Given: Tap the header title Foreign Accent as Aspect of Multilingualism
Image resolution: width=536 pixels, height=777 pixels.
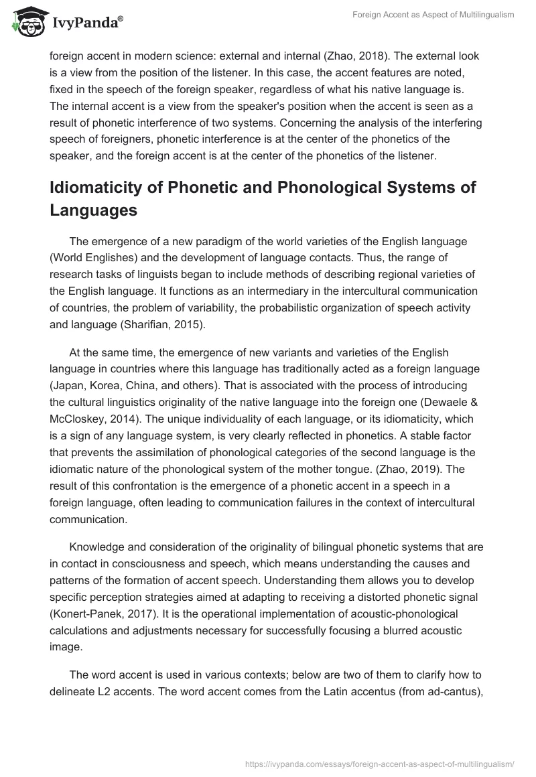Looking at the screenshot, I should tap(433, 15).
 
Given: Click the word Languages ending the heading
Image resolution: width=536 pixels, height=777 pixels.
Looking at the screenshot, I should tap(94, 211).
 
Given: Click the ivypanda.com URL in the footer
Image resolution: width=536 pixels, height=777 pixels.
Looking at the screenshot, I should tap(380, 763).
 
